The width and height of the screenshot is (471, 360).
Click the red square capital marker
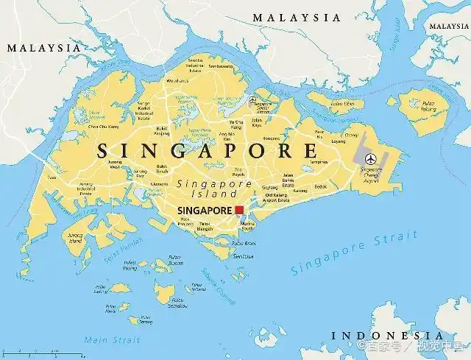(239, 210)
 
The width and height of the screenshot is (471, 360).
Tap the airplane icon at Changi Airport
(369, 158)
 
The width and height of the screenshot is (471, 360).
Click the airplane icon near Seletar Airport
(252, 99)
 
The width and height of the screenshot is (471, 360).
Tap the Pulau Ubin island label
(341, 104)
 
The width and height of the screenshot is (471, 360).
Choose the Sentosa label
(243, 256)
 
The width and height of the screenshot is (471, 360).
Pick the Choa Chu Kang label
(103, 127)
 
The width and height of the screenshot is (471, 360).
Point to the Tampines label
(318, 161)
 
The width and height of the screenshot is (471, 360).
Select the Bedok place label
(321, 187)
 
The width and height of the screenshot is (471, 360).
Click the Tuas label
(51, 177)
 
